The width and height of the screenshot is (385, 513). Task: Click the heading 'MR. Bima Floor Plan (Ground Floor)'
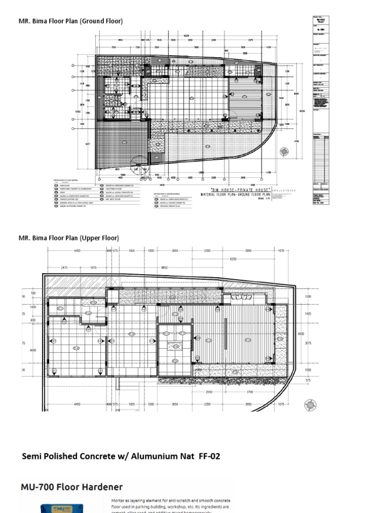tap(71, 21)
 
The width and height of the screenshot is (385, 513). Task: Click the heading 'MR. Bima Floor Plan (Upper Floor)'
tap(69, 238)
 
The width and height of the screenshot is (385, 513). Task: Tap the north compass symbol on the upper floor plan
tap(311, 405)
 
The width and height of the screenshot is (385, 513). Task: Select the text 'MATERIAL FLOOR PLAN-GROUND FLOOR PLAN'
tap(235, 194)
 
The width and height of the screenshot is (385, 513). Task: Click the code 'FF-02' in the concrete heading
tap(209, 456)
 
